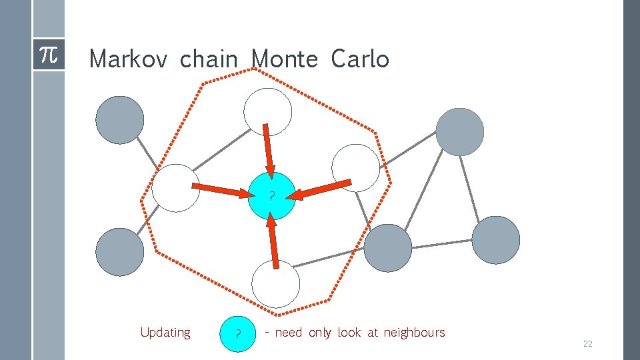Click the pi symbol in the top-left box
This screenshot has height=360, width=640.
[x=49, y=55]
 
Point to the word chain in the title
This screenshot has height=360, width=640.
[x=209, y=60]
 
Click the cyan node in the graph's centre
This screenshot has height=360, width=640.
[x=271, y=196]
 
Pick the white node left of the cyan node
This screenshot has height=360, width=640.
[x=175, y=188]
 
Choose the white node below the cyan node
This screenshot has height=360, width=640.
[x=275, y=284]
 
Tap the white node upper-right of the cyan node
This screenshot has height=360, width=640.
[x=355, y=168]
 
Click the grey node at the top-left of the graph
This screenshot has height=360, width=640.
[x=120, y=120]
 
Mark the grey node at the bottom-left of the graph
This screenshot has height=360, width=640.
[x=120, y=252]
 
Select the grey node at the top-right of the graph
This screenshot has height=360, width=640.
[x=459, y=132]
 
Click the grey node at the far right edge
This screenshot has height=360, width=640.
[x=495, y=240]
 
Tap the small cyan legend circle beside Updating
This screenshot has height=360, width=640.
[x=238, y=333]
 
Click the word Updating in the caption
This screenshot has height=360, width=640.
[x=165, y=332]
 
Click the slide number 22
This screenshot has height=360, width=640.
[x=587, y=344]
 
